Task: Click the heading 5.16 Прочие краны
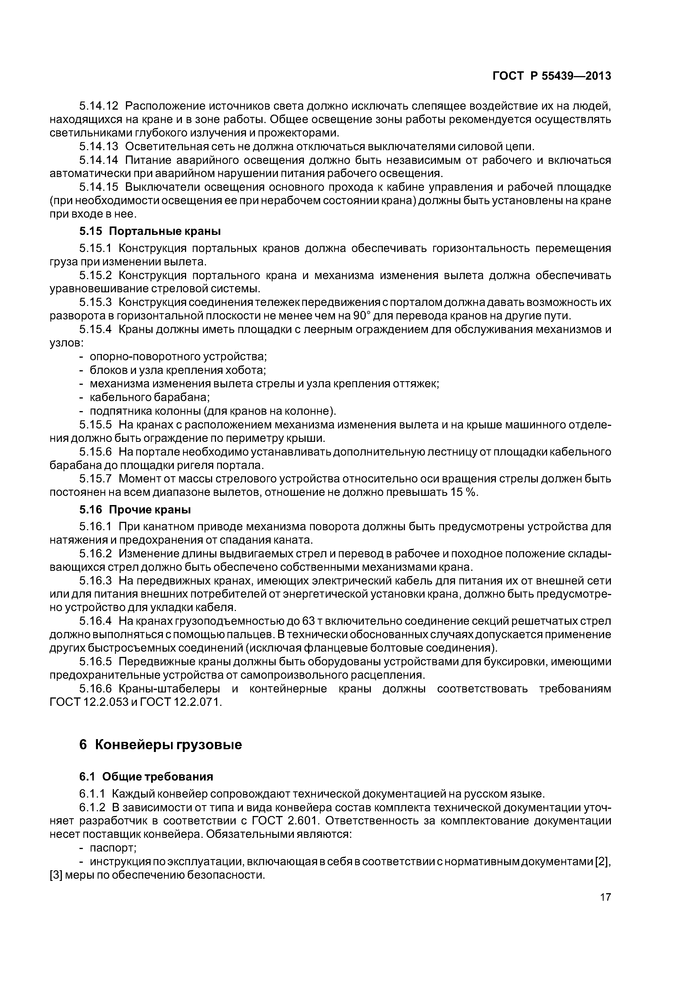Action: coord(135,510)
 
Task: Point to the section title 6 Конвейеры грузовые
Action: coord(161,745)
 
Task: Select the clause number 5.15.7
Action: coord(95,478)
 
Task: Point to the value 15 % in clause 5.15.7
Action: coord(462,492)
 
